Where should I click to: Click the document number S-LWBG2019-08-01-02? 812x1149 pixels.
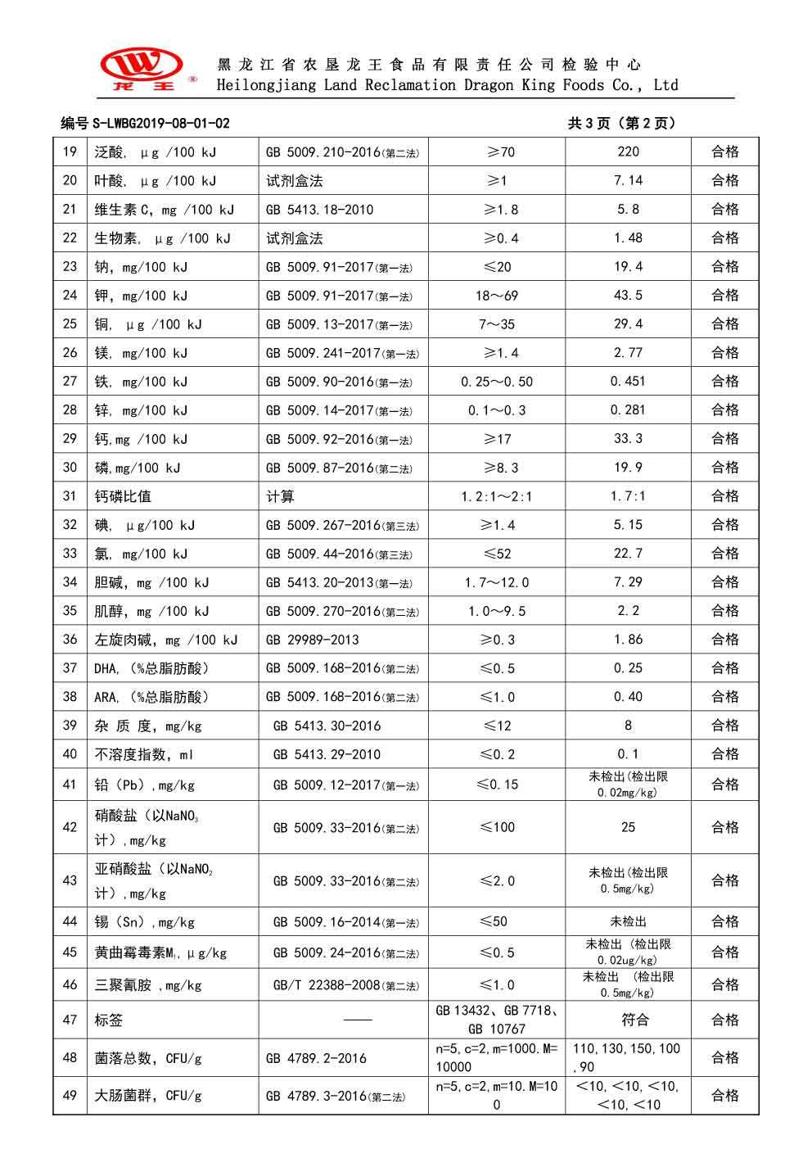(145, 124)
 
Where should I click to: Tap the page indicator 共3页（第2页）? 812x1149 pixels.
(621, 124)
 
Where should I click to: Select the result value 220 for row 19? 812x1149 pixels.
(628, 152)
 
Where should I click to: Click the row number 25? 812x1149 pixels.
(70, 324)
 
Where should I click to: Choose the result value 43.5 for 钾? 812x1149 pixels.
(628, 296)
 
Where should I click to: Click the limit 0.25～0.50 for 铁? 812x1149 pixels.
(496, 382)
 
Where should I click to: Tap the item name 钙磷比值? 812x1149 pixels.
(123, 496)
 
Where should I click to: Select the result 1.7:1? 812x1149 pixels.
(628, 496)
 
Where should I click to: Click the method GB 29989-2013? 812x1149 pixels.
(312, 640)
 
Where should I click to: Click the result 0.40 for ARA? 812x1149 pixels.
(628, 697)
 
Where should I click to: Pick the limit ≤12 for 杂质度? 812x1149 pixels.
(496, 726)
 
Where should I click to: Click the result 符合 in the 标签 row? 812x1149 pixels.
(628, 1020)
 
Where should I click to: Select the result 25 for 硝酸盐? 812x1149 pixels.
(628, 827)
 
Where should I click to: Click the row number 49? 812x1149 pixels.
(70, 1096)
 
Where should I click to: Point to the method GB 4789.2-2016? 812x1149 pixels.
(316, 1058)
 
